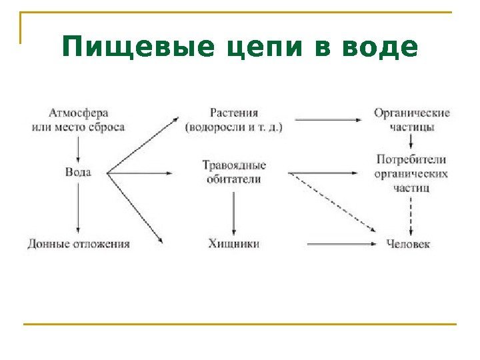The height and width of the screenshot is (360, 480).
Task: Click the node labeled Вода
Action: coord(79,172)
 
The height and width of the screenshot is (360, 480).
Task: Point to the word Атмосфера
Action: coord(79,113)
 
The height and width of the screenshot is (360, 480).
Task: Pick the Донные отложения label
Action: coord(79,244)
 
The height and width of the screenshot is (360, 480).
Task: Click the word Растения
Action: coord(233,113)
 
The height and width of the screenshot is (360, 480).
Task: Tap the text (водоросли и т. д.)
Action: coord(233,127)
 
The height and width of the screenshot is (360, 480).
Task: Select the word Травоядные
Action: coord(234,165)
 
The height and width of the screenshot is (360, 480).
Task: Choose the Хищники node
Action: coord(233,244)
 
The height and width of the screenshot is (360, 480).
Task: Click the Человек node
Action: coord(408,244)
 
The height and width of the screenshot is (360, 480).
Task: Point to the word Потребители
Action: coord(411,160)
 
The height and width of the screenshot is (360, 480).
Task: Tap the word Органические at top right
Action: coord(411,113)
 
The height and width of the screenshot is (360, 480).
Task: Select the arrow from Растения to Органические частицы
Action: coord(328,120)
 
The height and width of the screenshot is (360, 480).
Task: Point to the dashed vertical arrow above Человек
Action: coord(411,215)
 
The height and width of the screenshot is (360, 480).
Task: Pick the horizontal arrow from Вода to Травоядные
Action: coord(141,173)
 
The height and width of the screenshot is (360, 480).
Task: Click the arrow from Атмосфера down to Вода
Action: coord(79,148)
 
